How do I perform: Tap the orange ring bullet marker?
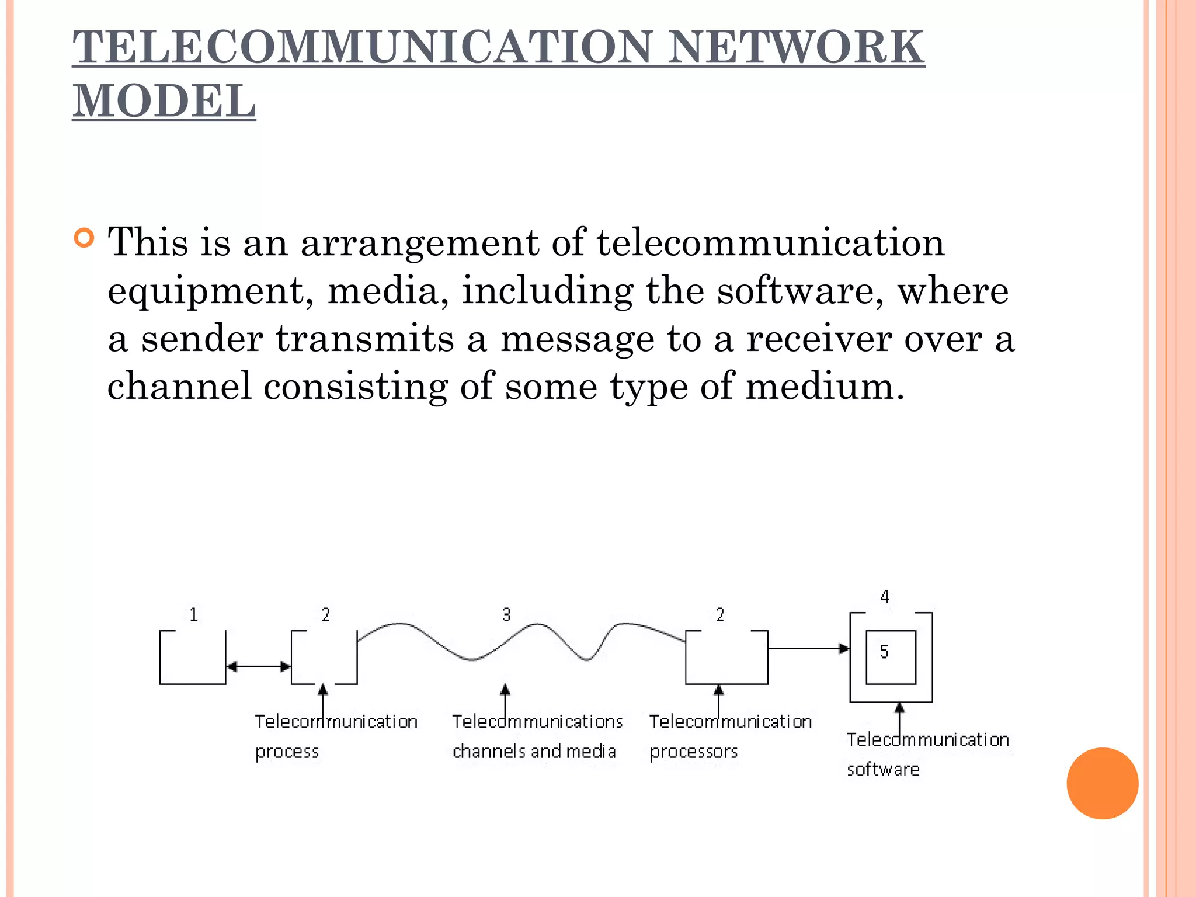click(85, 238)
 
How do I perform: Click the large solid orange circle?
click(1102, 783)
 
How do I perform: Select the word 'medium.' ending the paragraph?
click(825, 387)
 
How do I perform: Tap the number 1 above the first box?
click(194, 614)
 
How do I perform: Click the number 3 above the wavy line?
click(506, 614)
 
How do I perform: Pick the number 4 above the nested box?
click(885, 597)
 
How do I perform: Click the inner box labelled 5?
click(891, 657)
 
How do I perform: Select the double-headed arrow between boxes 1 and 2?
click(258, 666)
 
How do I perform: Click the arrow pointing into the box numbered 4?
click(809, 648)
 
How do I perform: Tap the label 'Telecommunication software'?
click(927, 754)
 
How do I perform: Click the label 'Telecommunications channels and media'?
click(537, 736)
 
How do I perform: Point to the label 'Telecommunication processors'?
click(730, 736)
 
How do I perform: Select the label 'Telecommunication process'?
click(336, 736)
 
